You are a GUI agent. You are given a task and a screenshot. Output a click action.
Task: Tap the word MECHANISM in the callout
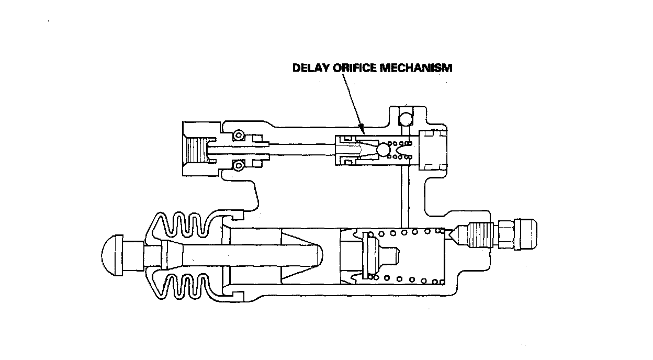pyautogui.click(x=416, y=68)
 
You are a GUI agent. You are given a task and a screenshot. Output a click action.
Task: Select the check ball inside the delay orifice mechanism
pyautogui.click(x=384, y=150)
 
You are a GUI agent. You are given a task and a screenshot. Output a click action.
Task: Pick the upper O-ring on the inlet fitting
pyautogui.click(x=239, y=136)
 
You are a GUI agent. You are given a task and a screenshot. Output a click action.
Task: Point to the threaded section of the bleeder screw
pyautogui.click(x=479, y=235)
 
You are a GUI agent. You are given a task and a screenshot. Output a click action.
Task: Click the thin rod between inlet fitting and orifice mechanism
pyautogui.click(x=301, y=149)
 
